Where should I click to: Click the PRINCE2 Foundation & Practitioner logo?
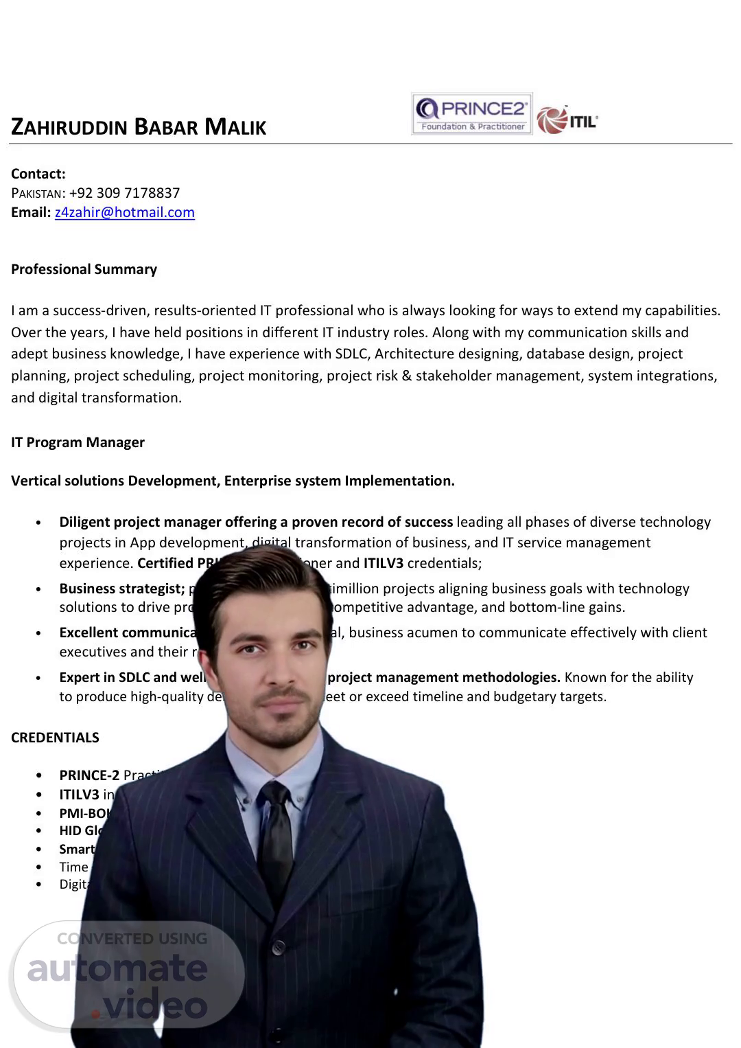coord(472,114)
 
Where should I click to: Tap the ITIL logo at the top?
coord(567,120)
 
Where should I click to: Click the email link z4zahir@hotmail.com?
coord(125,212)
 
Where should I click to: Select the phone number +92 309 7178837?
coord(124,193)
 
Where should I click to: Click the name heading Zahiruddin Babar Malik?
coord(139,127)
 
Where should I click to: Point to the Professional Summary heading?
coord(84,269)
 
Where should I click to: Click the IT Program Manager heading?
coord(78,442)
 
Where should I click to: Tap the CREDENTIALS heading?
coord(55,738)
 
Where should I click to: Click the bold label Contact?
coord(38,174)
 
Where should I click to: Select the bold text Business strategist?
coord(122,589)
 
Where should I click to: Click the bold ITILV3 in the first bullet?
coord(383,563)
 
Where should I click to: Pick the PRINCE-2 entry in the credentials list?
coord(89,775)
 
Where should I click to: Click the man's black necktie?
coord(276,838)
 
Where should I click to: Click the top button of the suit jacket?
coord(279,948)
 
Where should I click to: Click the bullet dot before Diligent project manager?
coord(38,523)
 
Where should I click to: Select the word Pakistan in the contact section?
coord(36,194)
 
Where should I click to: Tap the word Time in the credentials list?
coord(73,867)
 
